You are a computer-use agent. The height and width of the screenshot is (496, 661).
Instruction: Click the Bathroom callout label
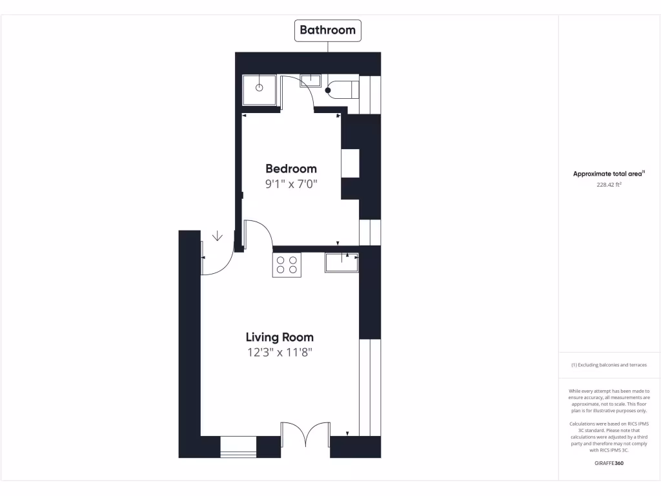327,30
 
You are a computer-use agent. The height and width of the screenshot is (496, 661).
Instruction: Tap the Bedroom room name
291,169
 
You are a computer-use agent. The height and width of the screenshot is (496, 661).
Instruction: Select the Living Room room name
280,337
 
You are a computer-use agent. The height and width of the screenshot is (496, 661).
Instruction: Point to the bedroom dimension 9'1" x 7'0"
291,184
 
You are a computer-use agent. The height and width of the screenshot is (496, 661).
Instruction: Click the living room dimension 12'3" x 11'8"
280,353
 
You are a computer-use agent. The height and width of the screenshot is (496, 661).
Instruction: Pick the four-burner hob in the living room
287,265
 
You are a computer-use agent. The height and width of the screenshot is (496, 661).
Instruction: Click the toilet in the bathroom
341,88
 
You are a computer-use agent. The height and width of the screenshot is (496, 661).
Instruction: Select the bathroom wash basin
310,80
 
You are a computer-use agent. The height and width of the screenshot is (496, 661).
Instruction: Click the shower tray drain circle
259,87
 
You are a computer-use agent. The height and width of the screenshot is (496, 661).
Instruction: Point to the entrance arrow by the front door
218,236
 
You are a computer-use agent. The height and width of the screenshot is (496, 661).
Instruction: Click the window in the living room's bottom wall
238,446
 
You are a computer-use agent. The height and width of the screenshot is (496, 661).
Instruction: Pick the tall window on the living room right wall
365,387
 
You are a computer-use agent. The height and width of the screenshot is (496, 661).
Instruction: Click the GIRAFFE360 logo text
609,463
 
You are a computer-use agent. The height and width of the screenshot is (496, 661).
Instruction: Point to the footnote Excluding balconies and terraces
609,365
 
